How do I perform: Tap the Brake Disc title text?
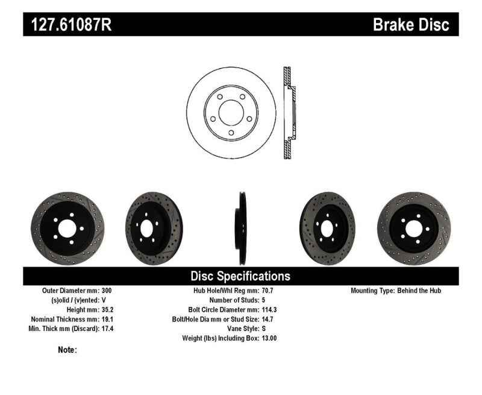(411, 25)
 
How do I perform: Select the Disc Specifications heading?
(240, 276)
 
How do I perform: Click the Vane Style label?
(239, 329)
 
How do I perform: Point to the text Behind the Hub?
(419, 291)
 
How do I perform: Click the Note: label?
(67, 350)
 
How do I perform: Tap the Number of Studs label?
(234, 300)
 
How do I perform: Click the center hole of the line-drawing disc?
(231, 113)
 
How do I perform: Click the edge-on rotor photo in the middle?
(241, 228)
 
